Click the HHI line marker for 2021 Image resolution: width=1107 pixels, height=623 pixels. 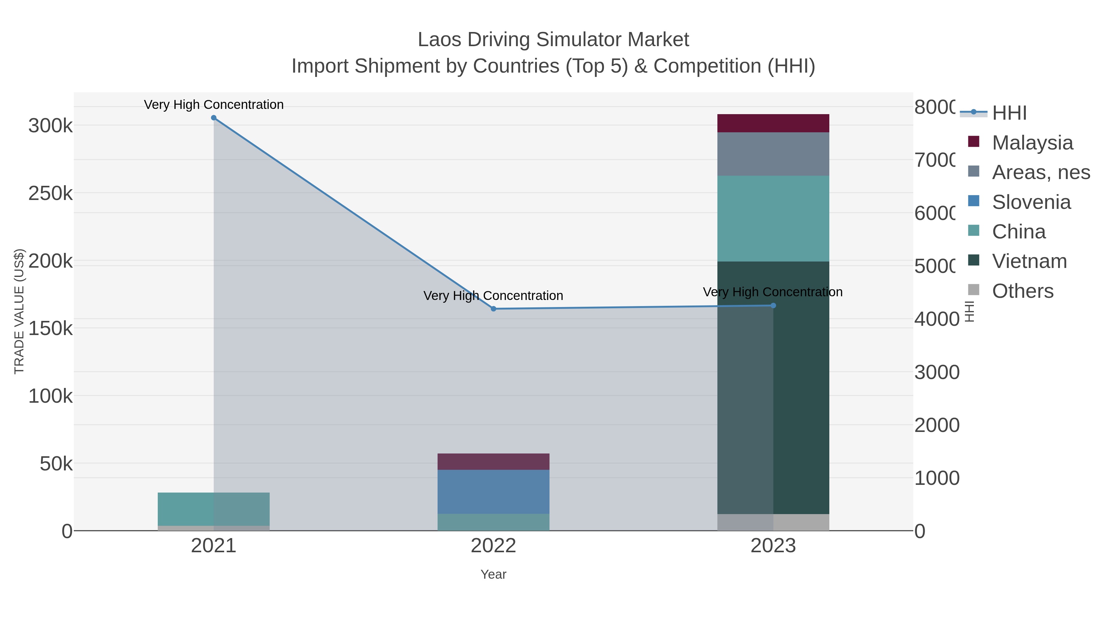point(214,118)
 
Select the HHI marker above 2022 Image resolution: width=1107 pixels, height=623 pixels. point(493,309)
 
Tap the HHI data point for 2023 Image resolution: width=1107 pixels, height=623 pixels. point(773,306)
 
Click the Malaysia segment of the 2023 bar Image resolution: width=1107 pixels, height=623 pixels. point(773,123)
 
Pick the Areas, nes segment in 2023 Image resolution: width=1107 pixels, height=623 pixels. point(773,154)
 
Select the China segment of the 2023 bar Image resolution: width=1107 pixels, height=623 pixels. point(773,218)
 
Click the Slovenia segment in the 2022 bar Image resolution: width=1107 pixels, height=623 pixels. point(493,491)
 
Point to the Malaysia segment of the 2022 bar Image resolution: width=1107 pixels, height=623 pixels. point(493,462)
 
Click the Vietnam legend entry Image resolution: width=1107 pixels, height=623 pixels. point(1029,262)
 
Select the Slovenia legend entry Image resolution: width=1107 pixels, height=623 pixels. point(1031,202)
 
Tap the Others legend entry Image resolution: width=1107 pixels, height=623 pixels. point(1022,291)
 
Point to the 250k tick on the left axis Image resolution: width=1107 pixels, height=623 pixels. point(50,194)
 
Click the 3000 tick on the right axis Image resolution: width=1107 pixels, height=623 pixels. point(936,372)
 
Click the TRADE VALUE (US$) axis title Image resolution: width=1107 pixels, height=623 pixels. point(19,311)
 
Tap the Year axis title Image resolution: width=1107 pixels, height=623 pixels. point(493,574)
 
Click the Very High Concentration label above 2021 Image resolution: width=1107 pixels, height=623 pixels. point(214,105)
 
